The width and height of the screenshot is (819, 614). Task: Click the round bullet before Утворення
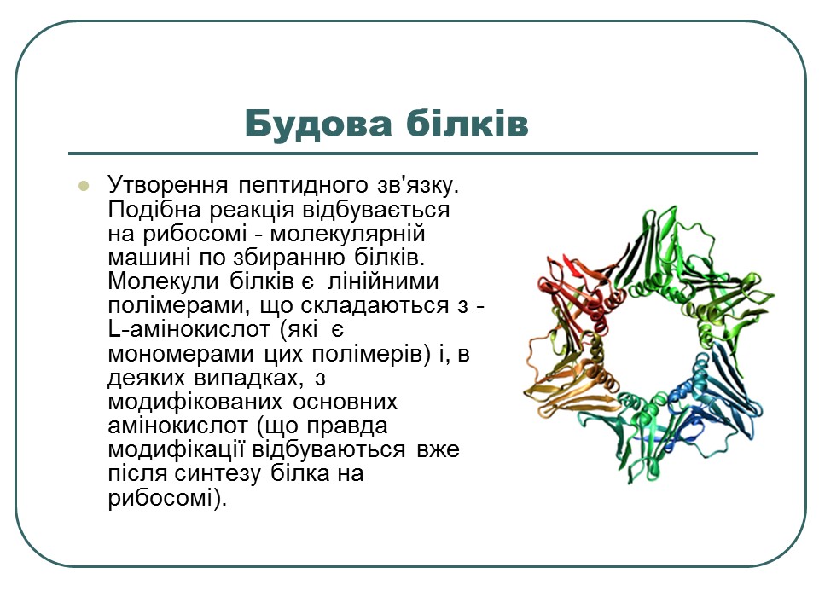click(84, 185)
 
